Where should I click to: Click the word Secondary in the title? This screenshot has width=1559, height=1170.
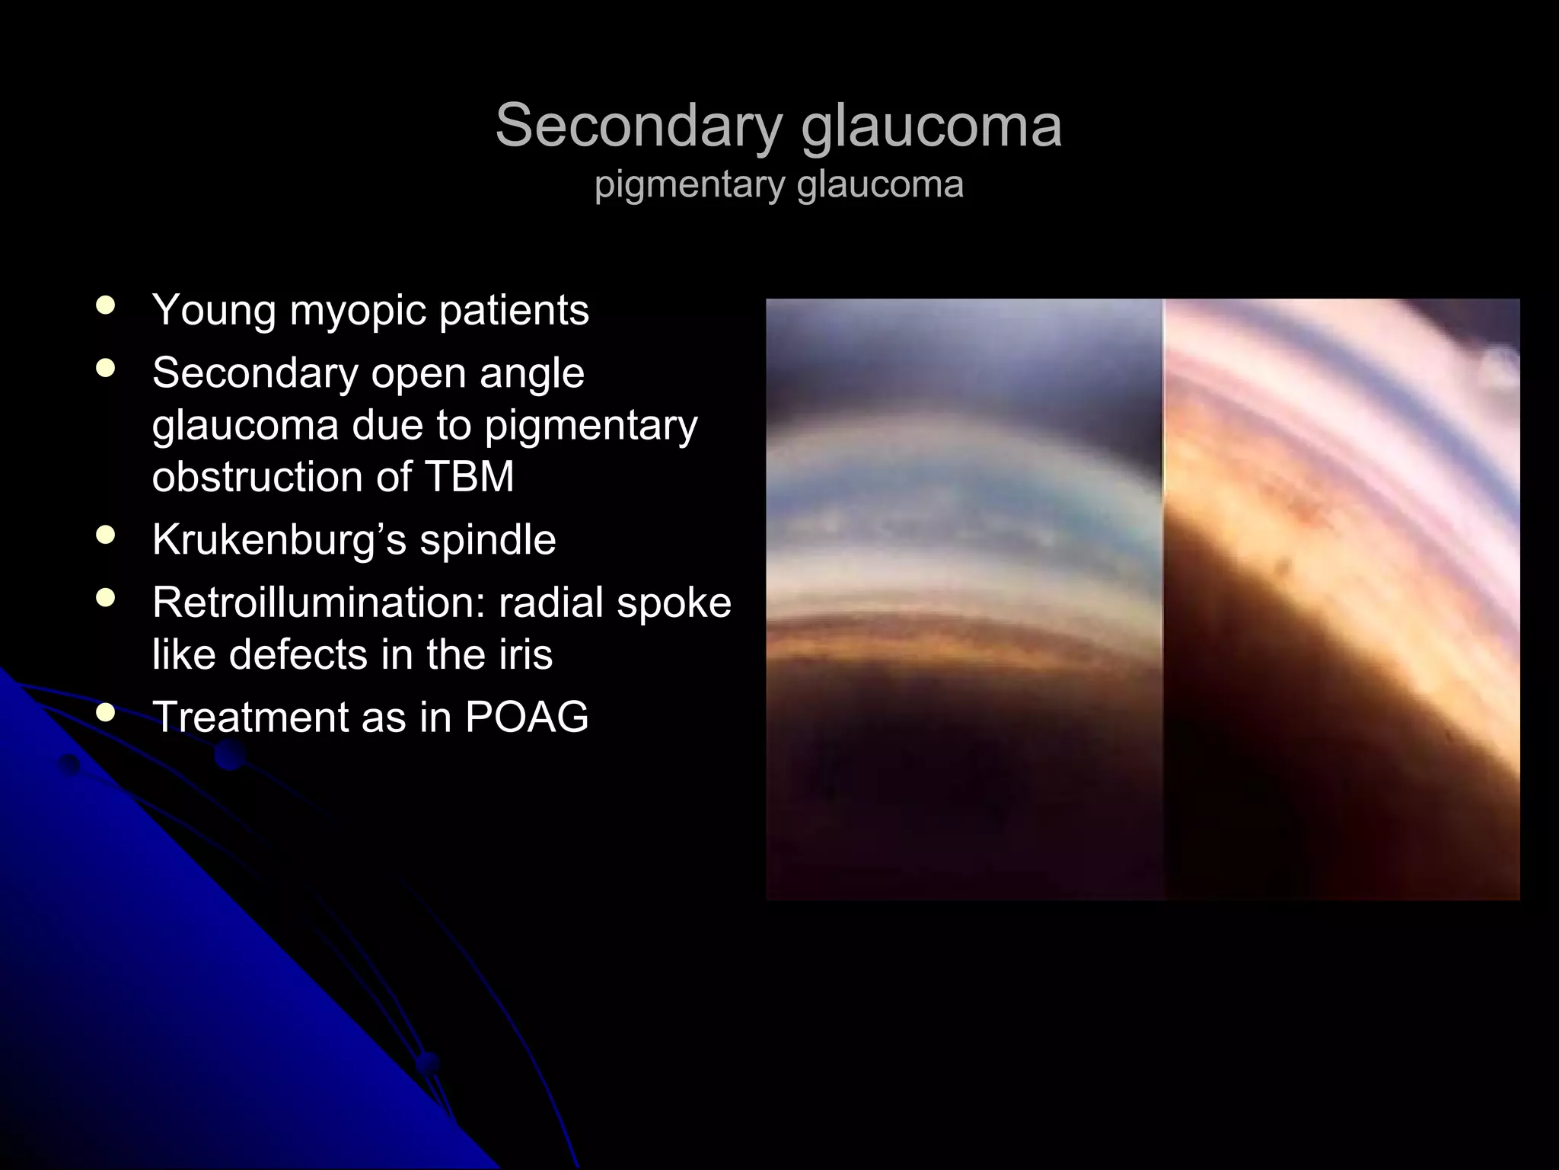[x=639, y=126]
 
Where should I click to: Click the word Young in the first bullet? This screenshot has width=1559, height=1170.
[x=213, y=311]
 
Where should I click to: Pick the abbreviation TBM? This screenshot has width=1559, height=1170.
[x=469, y=477]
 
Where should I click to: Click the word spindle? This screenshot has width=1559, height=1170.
[x=488, y=540]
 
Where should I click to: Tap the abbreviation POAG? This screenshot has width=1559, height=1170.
[x=527, y=717]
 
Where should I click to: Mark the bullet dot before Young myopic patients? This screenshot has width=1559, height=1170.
[x=106, y=306]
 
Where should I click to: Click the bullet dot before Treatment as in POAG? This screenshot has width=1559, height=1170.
[x=106, y=713]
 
